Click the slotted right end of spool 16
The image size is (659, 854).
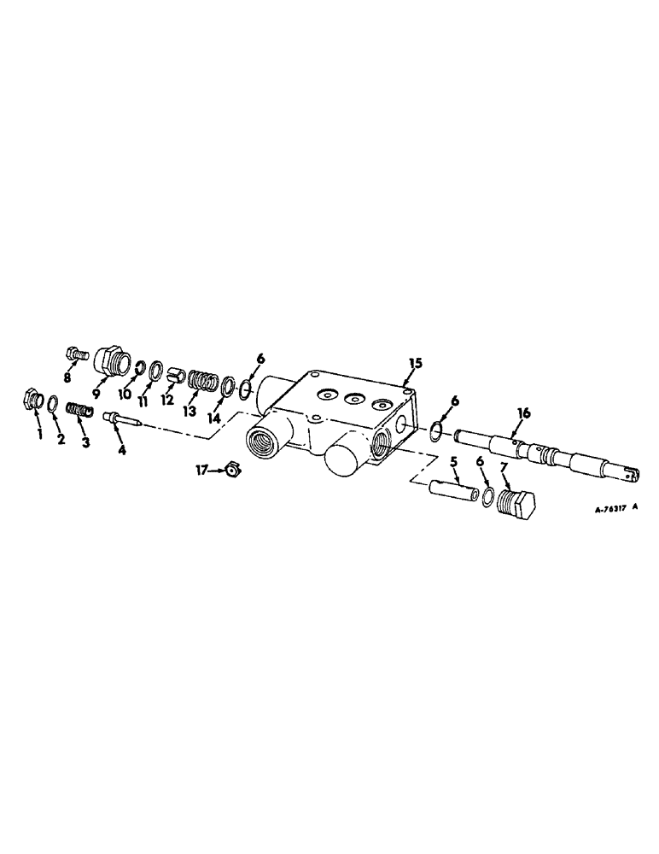[627, 467]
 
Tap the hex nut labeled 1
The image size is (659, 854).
[32, 400]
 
